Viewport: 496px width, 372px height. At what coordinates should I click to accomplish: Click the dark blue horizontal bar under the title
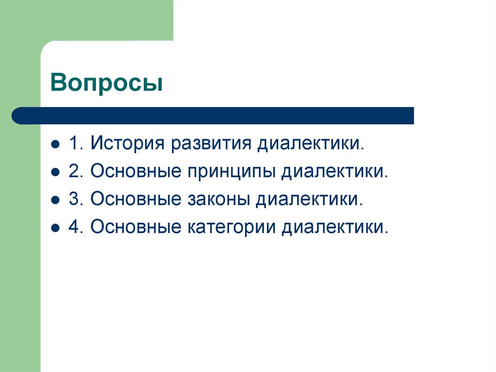(x=213, y=115)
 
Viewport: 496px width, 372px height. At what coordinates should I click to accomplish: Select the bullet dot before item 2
(x=56, y=172)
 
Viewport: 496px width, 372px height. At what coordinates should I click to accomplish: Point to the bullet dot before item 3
(x=56, y=200)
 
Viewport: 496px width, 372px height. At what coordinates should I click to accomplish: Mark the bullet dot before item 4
(x=56, y=227)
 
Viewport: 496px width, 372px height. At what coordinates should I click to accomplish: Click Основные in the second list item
(x=134, y=172)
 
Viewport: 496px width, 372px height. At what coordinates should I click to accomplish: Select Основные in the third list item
(x=134, y=199)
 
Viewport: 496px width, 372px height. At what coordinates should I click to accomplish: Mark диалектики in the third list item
(x=309, y=199)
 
